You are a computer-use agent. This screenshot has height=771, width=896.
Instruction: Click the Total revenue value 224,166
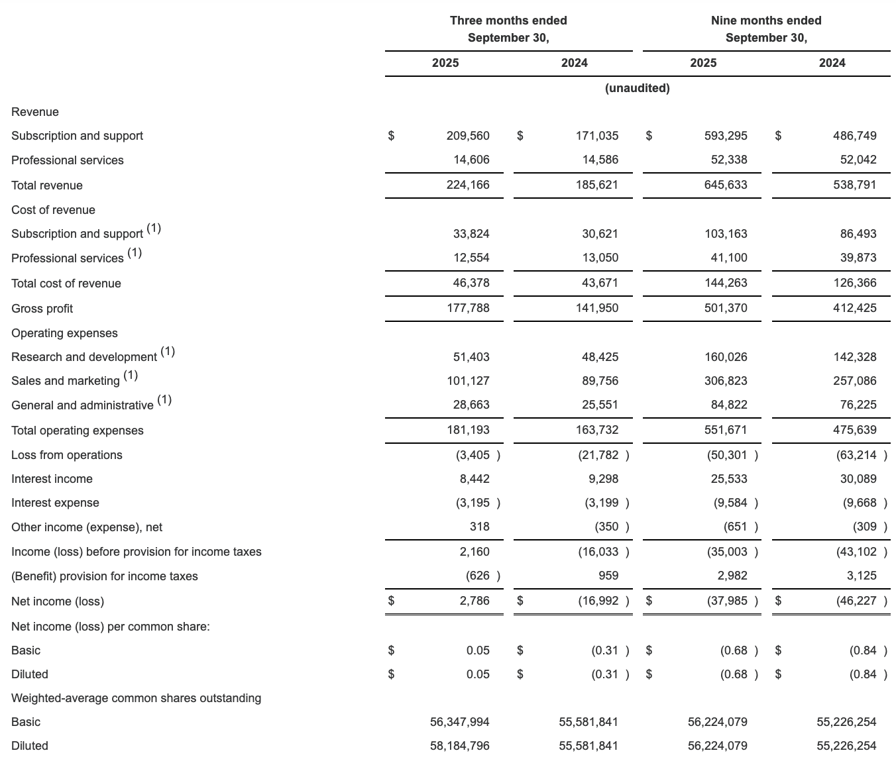click(x=468, y=185)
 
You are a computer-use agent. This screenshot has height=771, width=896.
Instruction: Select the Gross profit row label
click(x=42, y=309)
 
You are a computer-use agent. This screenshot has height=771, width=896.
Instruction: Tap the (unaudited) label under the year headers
click(x=637, y=88)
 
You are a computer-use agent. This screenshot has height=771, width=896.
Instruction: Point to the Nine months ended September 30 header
click(x=766, y=29)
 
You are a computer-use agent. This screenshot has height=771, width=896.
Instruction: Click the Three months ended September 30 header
click(x=508, y=29)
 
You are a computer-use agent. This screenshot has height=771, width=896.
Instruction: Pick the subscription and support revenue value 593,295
click(x=726, y=136)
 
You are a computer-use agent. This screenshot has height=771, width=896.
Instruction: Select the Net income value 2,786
click(x=475, y=601)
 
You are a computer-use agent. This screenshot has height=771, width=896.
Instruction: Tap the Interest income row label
click(x=52, y=479)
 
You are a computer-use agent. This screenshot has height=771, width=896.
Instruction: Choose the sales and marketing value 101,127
click(x=468, y=381)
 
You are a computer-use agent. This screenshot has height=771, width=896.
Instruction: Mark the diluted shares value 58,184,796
click(x=460, y=746)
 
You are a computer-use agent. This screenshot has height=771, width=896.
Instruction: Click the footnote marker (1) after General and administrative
click(x=164, y=400)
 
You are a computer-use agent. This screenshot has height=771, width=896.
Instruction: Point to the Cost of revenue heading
click(x=53, y=210)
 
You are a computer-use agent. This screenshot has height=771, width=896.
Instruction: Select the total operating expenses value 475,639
click(x=854, y=430)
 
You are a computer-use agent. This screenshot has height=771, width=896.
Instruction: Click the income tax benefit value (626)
click(x=481, y=576)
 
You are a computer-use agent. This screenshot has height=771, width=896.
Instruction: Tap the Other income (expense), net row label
click(x=87, y=527)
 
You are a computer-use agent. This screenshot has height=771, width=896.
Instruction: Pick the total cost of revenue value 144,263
click(x=726, y=283)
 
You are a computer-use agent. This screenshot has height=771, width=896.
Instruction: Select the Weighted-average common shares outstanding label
click(x=136, y=698)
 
